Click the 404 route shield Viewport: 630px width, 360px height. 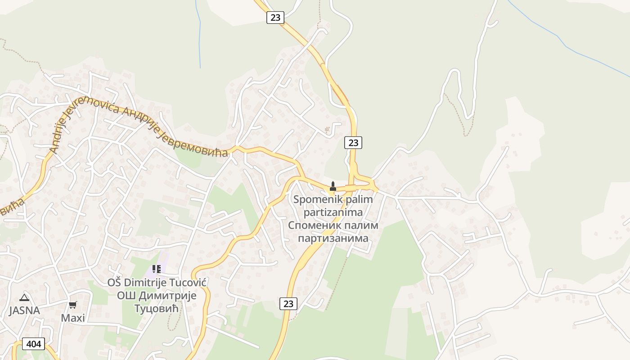(33, 344)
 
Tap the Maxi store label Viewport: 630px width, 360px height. (73, 318)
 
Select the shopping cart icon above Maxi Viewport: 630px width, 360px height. (73, 305)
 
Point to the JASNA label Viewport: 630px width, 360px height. (24, 310)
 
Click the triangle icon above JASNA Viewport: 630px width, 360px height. (24, 297)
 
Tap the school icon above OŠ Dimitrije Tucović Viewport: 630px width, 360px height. (156, 269)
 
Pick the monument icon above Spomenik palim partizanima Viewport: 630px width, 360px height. (333, 186)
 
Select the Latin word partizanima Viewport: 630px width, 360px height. (333, 211)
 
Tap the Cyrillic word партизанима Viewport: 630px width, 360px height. (333, 238)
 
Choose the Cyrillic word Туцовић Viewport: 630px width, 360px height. (157, 309)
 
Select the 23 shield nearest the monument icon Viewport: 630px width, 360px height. (353, 143)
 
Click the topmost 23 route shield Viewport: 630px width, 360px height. (275, 18)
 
